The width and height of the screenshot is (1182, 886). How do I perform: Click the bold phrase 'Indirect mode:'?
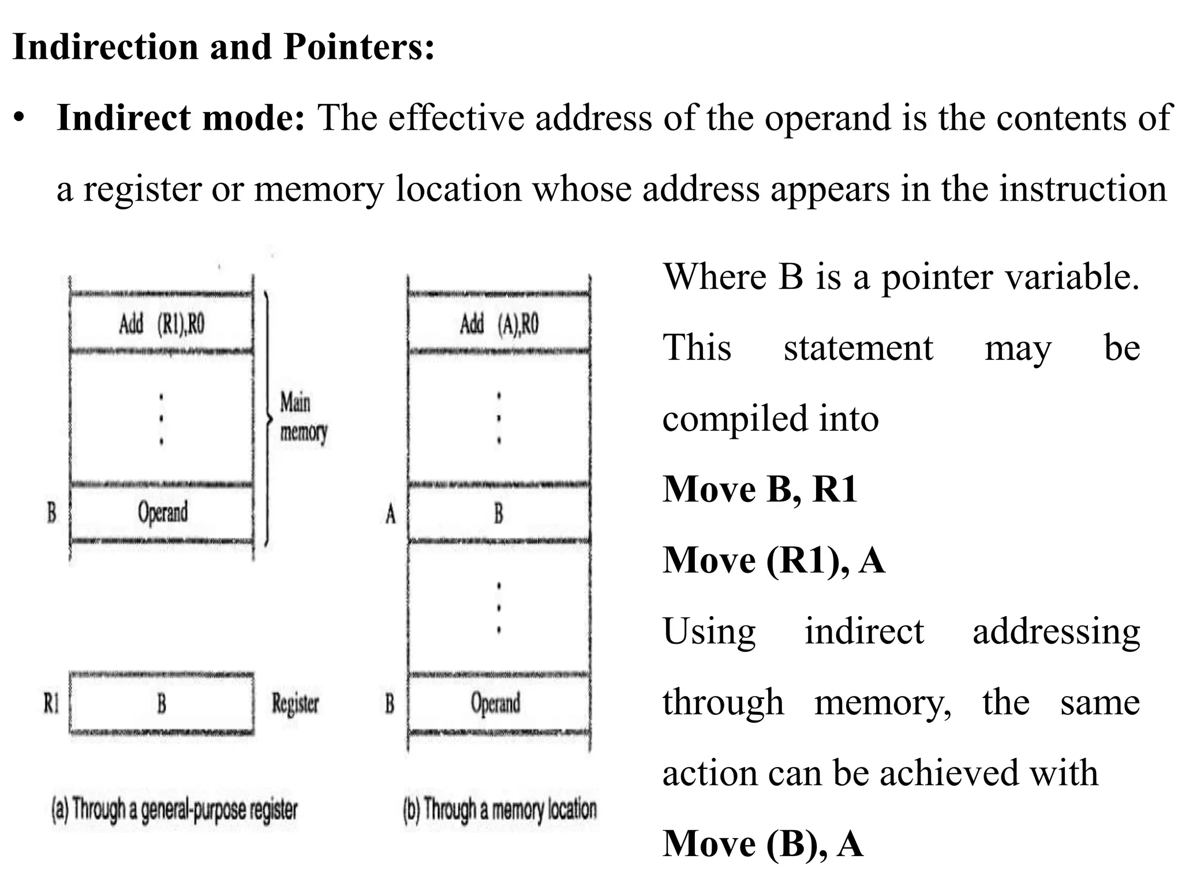pos(180,118)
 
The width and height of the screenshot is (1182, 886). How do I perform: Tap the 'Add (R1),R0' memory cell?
pos(162,324)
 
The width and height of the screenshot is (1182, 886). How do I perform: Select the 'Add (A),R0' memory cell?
pos(499,324)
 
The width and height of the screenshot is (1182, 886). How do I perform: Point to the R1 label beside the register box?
pos(52,703)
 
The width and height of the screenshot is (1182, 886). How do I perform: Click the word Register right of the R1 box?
pos(295,703)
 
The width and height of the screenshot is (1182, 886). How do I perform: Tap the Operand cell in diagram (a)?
pos(162,512)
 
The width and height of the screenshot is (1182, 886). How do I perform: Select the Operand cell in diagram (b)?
pos(496,703)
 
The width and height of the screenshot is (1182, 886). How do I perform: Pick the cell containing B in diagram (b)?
pos(499,513)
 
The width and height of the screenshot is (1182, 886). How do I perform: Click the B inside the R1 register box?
pos(162,703)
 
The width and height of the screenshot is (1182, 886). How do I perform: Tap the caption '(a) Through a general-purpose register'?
pos(174,810)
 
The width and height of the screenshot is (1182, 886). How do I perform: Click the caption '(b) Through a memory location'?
pos(500,810)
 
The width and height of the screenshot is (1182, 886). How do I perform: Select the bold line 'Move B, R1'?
pos(760,489)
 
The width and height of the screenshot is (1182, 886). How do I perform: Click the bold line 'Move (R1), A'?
pos(773,560)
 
